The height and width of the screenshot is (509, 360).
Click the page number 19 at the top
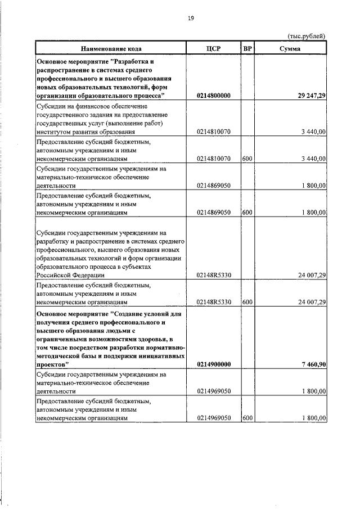191,18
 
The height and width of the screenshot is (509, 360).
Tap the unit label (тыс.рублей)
307,37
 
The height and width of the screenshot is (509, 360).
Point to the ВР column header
247,48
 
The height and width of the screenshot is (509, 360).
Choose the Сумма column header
290,48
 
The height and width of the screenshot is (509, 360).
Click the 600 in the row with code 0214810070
247,159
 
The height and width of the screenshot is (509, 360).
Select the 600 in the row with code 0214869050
247,213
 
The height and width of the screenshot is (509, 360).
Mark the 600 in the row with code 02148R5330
247,302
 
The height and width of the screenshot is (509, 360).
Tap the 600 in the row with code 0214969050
247,418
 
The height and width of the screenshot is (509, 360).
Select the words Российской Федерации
70,275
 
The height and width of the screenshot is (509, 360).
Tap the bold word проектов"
52,364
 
